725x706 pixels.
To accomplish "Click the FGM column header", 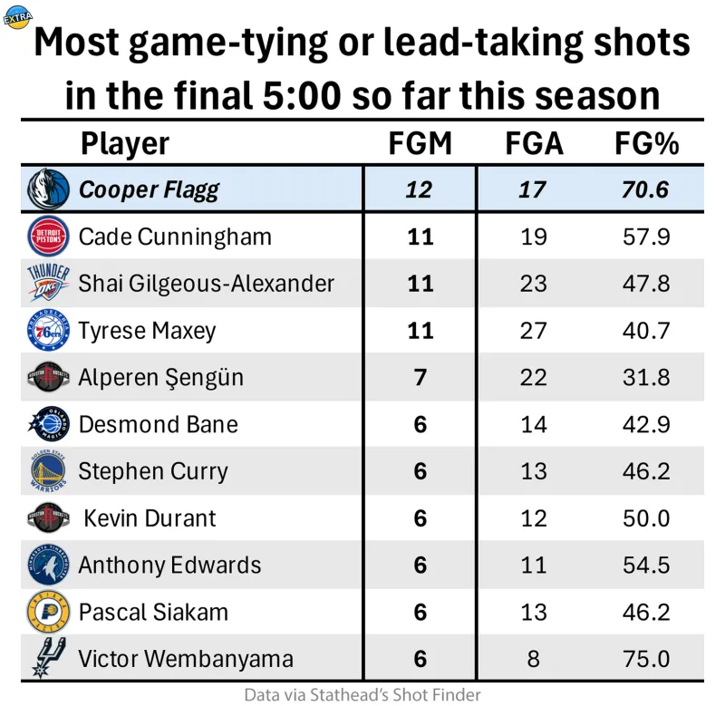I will (420, 143).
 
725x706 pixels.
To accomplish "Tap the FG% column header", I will (647, 143).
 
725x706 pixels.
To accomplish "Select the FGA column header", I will (533, 143).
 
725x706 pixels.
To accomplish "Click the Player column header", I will (124, 143).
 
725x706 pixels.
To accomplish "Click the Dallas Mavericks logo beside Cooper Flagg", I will (47, 189).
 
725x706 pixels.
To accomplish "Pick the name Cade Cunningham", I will (175, 237).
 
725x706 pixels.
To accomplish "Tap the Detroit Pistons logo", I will (47, 237).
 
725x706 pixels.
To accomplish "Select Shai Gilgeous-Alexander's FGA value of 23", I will (533, 284).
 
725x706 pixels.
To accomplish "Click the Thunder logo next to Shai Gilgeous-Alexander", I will (47, 284).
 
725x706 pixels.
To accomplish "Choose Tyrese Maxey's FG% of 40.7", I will (647, 331).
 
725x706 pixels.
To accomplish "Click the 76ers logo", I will (47, 331).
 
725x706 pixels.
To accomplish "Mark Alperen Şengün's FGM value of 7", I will (420, 377).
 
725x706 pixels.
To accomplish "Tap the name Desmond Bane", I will (159, 424).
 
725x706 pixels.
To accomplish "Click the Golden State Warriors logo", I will (47, 471).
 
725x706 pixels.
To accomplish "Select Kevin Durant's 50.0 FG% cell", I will (647, 518).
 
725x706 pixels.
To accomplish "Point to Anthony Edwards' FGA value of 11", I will (533, 566).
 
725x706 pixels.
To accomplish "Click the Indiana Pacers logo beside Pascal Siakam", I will (47, 613).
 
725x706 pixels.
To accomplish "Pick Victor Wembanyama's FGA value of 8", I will (533, 659).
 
